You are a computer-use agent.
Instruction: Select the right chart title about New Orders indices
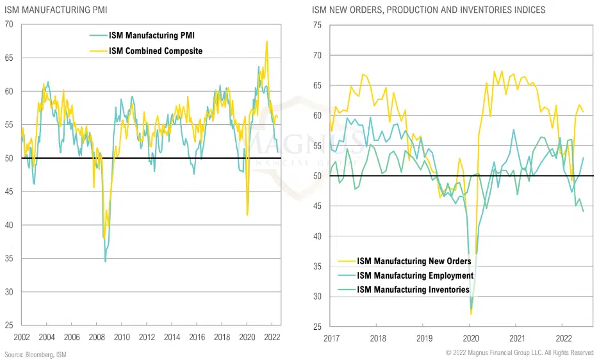(x=429, y=10)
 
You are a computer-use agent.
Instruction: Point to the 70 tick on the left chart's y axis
(x=9, y=24)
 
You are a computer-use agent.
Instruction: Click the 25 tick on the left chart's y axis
(x=9, y=325)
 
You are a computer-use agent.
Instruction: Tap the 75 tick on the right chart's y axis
(x=317, y=24)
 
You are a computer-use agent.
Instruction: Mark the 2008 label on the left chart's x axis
(x=97, y=338)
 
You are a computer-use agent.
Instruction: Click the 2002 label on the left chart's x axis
(x=22, y=338)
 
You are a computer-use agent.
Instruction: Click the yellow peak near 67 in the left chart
(x=267, y=41)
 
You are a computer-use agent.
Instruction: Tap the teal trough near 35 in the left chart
(x=105, y=261)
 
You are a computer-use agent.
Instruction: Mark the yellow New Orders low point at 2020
(x=471, y=314)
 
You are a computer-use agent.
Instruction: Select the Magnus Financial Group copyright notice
(x=520, y=353)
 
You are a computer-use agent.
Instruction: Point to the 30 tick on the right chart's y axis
(x=317, y=297)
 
